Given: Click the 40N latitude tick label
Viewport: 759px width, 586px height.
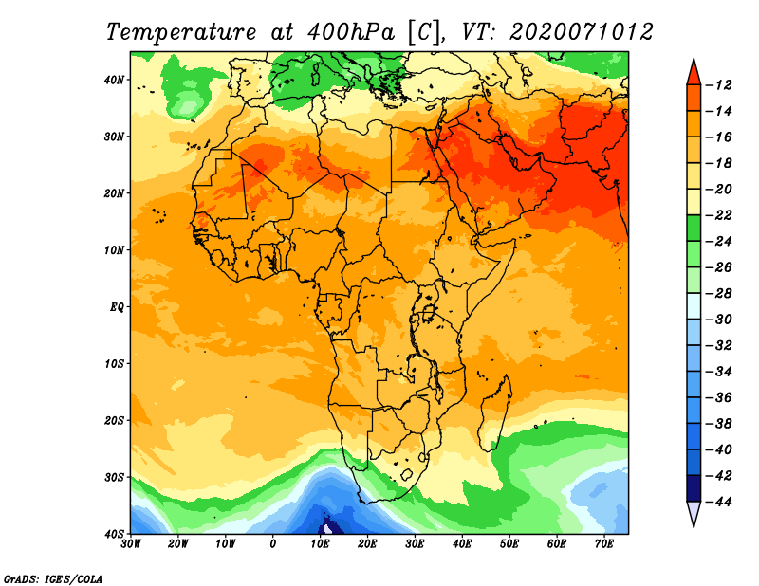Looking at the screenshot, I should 115,80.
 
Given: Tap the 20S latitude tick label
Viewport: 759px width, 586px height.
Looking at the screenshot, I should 115,420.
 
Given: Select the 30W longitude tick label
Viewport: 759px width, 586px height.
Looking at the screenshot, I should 131,543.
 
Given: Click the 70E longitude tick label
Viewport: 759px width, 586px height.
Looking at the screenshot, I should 604,543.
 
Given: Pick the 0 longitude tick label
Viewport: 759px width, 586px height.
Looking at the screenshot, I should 273,543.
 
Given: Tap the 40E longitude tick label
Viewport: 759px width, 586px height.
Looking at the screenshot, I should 462,543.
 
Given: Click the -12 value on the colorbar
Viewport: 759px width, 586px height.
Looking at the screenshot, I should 722,85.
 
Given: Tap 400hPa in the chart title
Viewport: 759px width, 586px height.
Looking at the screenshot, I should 346,31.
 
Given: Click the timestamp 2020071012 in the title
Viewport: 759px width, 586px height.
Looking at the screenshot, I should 581,31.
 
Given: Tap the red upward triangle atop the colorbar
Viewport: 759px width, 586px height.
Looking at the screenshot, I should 694,71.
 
